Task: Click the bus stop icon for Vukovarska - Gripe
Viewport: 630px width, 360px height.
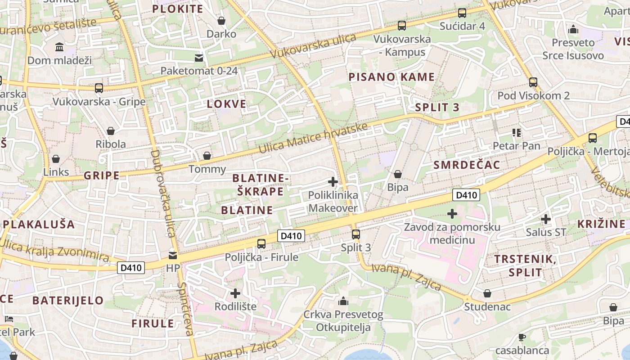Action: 99,88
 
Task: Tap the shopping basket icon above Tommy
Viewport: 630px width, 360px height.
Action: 207,156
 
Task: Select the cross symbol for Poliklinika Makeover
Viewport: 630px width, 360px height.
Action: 333,182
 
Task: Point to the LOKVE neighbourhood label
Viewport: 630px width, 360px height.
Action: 226,104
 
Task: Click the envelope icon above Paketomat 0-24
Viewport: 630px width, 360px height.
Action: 198,58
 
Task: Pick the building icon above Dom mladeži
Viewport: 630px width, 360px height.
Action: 59,47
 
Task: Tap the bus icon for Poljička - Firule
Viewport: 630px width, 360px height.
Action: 261,244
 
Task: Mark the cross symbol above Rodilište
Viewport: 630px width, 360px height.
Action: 235,293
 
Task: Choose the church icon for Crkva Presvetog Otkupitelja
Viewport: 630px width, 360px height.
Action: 343,301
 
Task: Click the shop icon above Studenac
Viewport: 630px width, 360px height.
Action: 487,294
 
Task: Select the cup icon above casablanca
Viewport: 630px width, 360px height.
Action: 522,337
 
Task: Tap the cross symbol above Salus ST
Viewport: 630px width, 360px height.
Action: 546,219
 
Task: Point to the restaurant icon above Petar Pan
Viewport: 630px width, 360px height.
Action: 516,132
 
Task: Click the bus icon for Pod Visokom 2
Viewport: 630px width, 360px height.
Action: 533,82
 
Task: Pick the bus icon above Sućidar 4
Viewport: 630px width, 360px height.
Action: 462,13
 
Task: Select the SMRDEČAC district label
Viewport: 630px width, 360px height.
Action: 467,165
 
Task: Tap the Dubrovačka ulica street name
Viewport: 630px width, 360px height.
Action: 162,193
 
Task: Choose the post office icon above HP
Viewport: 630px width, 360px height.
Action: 173,256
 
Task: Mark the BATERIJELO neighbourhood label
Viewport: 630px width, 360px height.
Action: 68,300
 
